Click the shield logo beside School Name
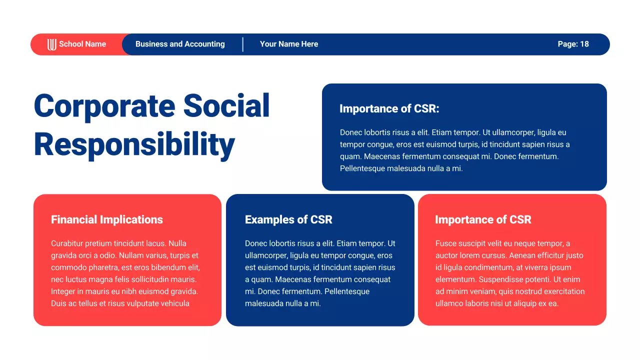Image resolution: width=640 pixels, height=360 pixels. [51, 44]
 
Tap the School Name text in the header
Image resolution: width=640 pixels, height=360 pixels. [82, 44]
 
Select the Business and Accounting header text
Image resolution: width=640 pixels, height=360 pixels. [180, 44]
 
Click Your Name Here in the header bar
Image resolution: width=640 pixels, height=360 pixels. [288, 44]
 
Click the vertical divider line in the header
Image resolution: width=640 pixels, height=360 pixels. [243, 44]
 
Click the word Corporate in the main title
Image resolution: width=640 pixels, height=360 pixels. [104, 106]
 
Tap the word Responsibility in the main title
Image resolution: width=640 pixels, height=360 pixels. [134, 145]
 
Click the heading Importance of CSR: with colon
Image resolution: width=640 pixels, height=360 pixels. [389, 108]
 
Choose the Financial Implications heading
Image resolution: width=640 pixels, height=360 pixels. [107, 219]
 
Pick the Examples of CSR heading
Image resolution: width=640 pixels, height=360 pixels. [288, 219]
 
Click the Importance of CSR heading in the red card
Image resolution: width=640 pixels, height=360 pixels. [483, 219]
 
